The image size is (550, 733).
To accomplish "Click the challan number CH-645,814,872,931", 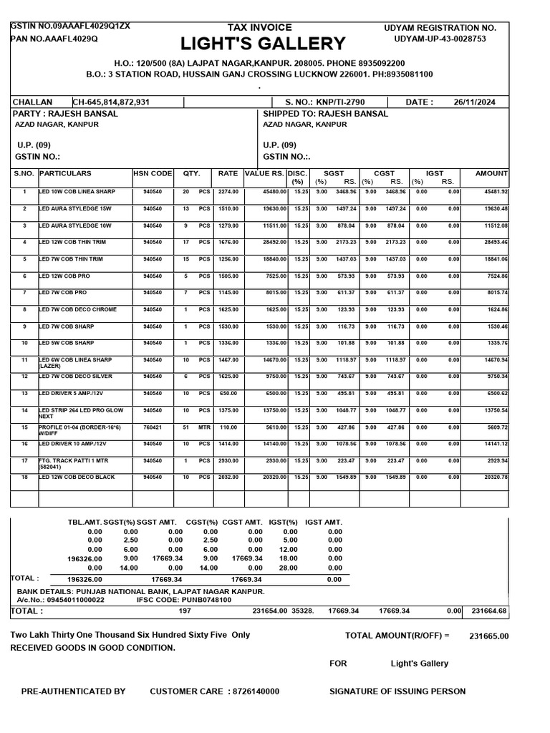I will tap(111, 102).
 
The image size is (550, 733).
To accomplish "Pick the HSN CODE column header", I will tap(153, 173).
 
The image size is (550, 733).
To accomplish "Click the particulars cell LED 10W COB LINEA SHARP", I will tap(77, 192).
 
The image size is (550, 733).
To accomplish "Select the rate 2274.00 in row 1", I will tap(228, 192).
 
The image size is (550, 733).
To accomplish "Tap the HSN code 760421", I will tap(153, 427).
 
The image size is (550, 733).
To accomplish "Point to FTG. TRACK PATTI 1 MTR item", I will tap(73, 460).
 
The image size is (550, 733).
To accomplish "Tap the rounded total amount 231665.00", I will tap(488, 636).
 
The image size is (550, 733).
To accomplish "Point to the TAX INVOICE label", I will tap(259, 27).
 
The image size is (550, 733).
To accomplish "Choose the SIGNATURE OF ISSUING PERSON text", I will tap(397, 691).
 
